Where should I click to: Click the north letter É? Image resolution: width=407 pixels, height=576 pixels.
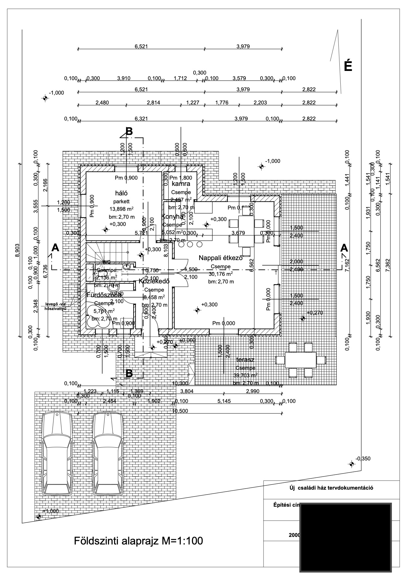click(348, 66)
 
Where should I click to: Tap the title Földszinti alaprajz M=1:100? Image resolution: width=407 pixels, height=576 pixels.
click(138, 541)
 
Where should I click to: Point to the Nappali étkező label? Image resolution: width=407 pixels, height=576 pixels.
click(221, 258)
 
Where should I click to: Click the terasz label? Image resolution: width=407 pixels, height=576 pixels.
click(245, 360)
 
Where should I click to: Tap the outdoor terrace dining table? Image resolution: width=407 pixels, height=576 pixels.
click(301, 360)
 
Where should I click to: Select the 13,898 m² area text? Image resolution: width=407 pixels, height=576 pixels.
click(121, 209)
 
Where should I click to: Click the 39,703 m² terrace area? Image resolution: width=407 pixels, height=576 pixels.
click(245, 375)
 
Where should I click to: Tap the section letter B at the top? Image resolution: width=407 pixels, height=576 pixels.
click(129, 131)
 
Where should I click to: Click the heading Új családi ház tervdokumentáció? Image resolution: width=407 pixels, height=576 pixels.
click(331, 488)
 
